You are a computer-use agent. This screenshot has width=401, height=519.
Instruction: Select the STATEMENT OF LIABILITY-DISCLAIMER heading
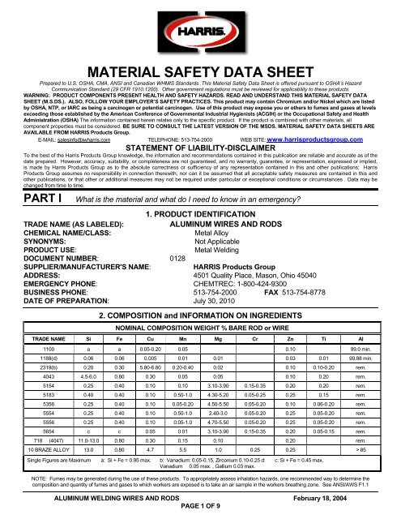point(200,148)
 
